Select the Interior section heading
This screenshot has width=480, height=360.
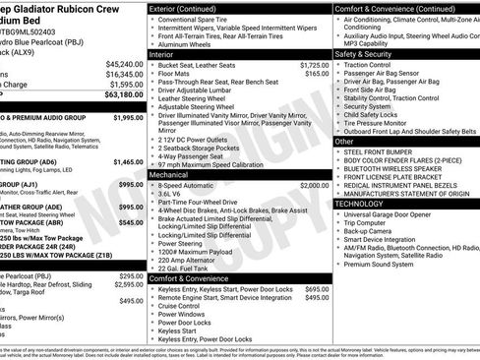(x=162, y=55)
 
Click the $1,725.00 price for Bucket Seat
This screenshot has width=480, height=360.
(x=313, y=64)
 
